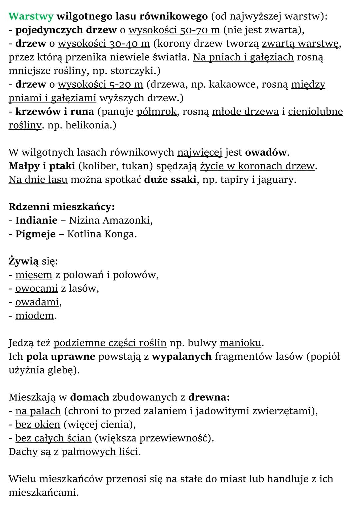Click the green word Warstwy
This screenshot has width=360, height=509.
[31, 16]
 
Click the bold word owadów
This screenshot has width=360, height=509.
[266, 152]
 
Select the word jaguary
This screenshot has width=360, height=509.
[276, 180]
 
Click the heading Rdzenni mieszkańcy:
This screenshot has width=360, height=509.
[62, 207]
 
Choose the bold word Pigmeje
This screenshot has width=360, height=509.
[36, 234]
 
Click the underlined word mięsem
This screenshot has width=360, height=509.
[34, 275]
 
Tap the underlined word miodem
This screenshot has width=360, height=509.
[35, 315]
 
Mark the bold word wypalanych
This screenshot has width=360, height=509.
[182, 356]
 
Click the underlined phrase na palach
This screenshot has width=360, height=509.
[38, 411]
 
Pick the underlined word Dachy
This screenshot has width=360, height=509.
[23, 452]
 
